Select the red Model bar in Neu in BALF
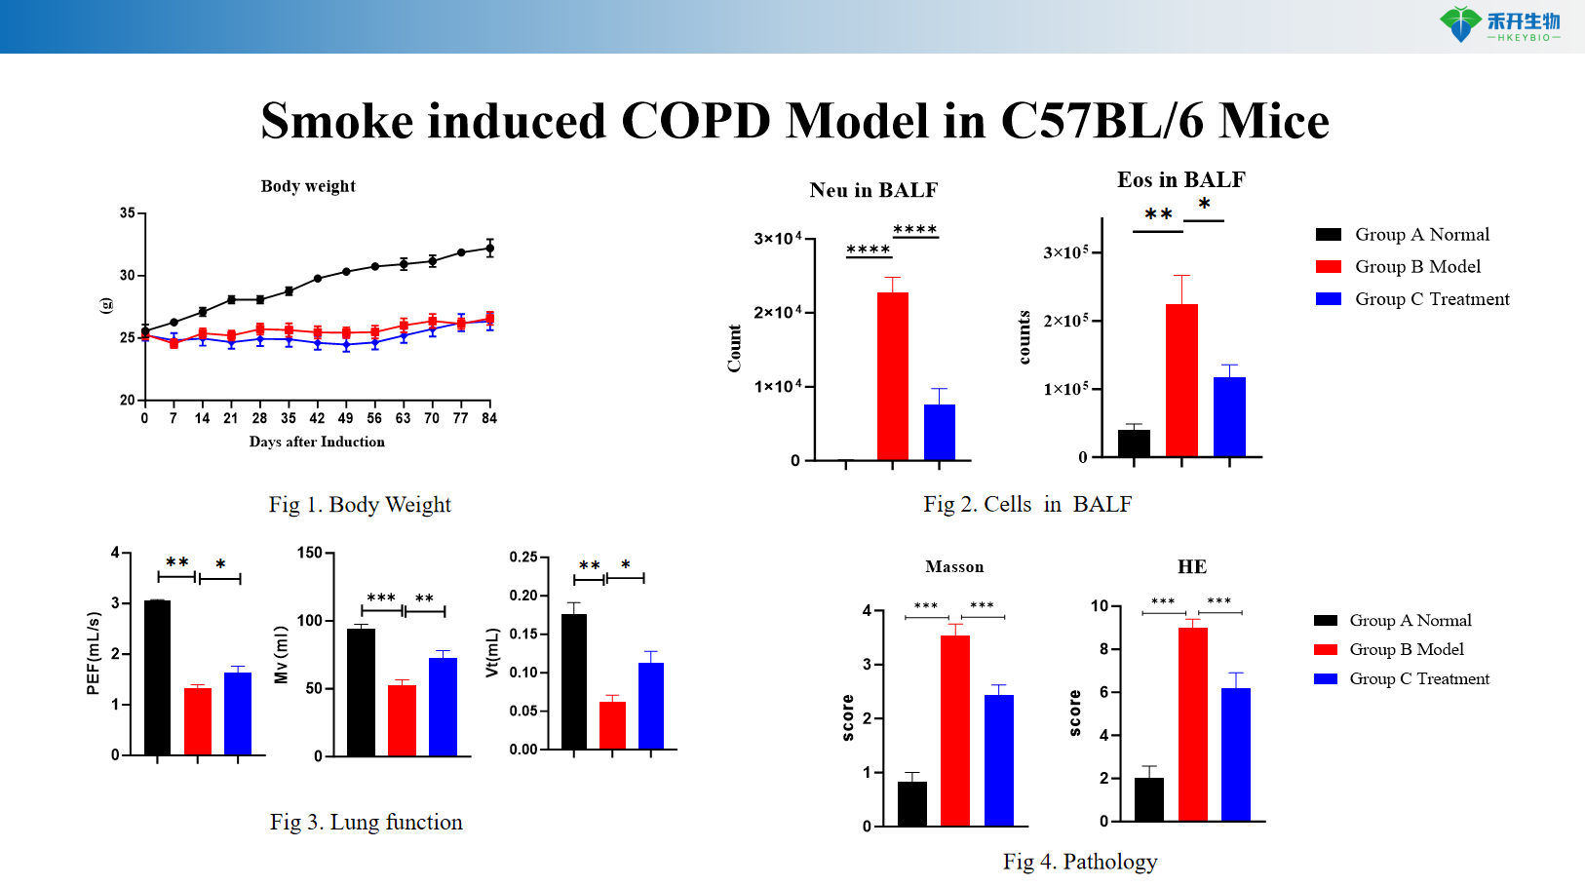tap(892, 376)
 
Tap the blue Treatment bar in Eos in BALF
tap(1229, 416)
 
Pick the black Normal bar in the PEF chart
tap(157, 677)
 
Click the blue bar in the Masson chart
tap(998, 760)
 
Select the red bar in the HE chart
tap(1192, 724)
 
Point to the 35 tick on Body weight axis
tap(128, 212)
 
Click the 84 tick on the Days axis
tap(489, 418)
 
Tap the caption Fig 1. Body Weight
tap(360, 505)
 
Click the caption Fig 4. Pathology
tap(1080, 862)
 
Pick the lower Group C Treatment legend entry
tap(1418, 679)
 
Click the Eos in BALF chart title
tap(1180, 180)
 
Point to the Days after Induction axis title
tap(317, 443)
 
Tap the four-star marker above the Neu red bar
tap(868, 250)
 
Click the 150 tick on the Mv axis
tap(310, 553)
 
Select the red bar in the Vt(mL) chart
tap(612, 724)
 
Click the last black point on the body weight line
tap(489, 248)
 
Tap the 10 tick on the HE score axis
tap(1099, 606)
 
